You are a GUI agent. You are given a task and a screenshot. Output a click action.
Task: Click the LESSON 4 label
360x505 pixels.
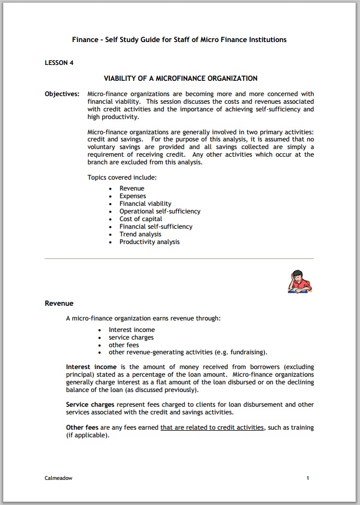click(x=59, y=63)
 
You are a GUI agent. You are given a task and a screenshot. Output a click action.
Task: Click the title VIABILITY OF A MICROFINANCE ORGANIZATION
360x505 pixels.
click(x=180, y=79)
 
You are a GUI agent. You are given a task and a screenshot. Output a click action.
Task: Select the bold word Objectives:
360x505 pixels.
click(x=62, y=94)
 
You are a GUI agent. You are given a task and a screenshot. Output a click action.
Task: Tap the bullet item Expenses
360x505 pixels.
click(x=133, y=196)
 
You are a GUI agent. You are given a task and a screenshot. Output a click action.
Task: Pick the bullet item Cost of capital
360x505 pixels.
click(x=141, y=219)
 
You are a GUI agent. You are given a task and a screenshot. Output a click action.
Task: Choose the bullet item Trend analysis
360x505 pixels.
click(x=140, y=234)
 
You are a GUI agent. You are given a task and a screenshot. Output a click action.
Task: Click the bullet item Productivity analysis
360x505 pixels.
click(x=149, y=242)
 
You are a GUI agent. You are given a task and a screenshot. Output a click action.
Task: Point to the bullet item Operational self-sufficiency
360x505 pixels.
click(x=160, y=211)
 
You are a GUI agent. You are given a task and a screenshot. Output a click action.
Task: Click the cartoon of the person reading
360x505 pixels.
click(x=299, y=281)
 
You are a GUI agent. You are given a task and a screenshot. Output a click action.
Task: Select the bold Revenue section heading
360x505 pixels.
click(x=59, y=304)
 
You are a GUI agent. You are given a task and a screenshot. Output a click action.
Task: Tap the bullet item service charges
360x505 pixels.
click(x=131, y=337)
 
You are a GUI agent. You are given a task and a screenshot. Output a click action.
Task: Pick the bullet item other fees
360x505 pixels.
click(x=124, y=345)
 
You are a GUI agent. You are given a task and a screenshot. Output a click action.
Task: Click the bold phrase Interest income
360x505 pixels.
click(x=87, y=367)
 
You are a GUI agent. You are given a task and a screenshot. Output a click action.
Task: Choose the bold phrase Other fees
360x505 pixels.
click(x=82, y=428)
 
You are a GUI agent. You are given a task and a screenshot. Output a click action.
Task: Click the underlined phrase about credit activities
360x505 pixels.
click(x=212, y=428)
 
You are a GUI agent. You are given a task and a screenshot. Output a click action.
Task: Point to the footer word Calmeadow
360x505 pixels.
click(x=58, y=478)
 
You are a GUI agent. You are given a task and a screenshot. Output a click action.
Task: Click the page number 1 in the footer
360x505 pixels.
click(x=308, y=478)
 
